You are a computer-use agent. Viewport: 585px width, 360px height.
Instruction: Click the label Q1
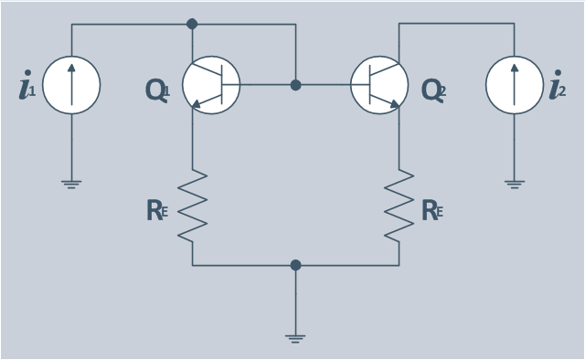click(x=158, y=90)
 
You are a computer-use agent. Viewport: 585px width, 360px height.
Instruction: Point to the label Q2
click(x=433, y=90)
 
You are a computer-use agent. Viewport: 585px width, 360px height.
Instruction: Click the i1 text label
click(x=27, y=85)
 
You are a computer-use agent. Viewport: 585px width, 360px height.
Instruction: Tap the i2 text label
click(x=558, y=85)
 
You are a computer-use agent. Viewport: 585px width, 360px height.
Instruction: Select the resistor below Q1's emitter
click(x=193, y=206)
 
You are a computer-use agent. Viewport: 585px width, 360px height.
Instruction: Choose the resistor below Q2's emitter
click(x=399, y=206)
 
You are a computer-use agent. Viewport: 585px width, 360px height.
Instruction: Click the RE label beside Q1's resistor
click(x=157, y=210)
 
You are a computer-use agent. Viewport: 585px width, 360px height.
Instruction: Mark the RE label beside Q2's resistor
click(x=432, y=210)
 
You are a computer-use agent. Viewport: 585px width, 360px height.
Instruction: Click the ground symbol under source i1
click(x=71, y=185)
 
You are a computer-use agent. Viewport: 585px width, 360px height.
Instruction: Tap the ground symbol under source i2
click(x=515, y=185)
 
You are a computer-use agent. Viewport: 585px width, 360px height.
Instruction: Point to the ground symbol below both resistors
click(x=295, y=339)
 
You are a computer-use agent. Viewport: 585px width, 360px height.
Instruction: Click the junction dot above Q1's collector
click(x=192, y=24)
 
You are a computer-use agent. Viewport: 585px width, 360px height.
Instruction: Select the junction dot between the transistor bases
click(x=295, y=85)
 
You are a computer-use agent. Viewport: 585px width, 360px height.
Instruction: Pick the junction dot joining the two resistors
click(x=295, y=265)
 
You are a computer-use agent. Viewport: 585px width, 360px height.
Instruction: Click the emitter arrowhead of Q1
click(x=197, y=104)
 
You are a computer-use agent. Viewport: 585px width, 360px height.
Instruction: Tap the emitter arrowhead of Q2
click(x=395, y=104)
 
